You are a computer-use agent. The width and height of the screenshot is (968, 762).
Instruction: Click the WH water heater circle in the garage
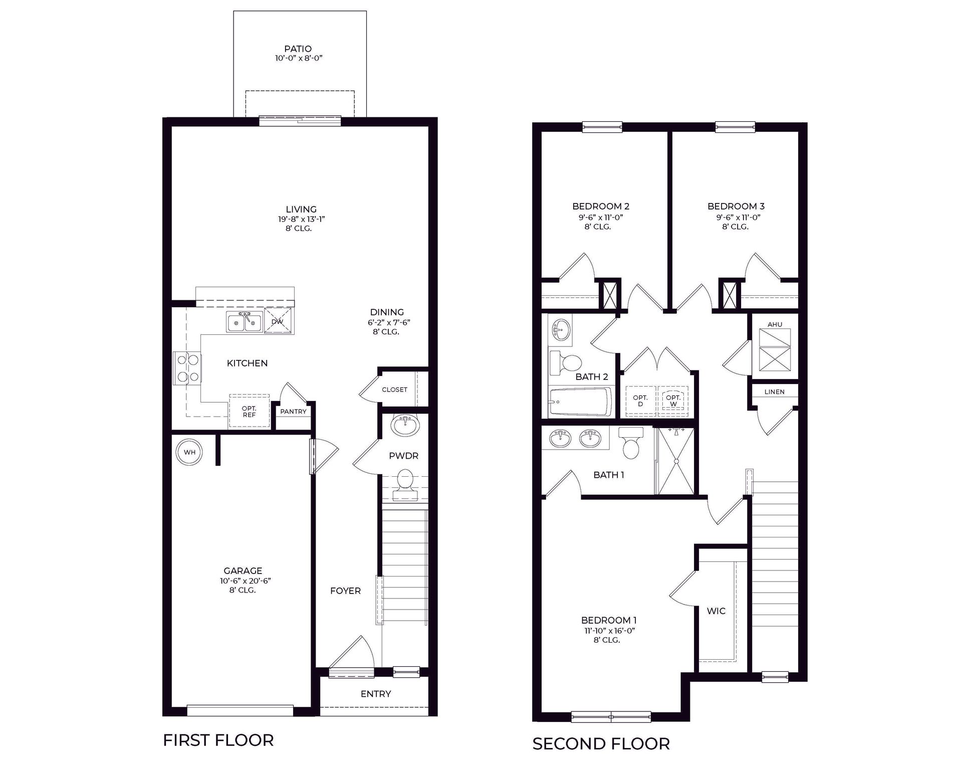pos(189,452)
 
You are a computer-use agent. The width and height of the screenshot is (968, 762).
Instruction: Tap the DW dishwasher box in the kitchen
pos(278,321)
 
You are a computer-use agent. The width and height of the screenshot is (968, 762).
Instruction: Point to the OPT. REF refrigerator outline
pos(249,412)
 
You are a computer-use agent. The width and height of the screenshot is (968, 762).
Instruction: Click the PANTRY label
pos(293,412)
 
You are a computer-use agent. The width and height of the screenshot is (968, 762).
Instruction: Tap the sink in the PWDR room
pos(405,426)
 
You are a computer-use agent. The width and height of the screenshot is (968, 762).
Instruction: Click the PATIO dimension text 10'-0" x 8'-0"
pos(298,58)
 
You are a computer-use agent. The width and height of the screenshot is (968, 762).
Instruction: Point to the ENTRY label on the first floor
pos(375,694)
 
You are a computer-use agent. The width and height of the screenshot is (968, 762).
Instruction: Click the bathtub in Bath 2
pos(580,402)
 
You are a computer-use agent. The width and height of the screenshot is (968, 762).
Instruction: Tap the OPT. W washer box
pos(673,401)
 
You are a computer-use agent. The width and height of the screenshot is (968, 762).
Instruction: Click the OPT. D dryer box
pos(640,401)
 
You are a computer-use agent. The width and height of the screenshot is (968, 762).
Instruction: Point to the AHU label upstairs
pos(775,324)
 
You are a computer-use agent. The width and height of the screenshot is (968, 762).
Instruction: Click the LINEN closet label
pos(774,392)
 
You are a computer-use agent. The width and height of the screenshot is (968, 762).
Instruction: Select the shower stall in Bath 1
pos(675,461)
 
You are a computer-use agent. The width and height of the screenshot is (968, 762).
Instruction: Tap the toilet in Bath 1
pos(631,444)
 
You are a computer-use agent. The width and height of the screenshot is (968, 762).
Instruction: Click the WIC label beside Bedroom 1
pos(716,611)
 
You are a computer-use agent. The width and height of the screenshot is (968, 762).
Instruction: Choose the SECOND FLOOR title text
pos(601,744)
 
